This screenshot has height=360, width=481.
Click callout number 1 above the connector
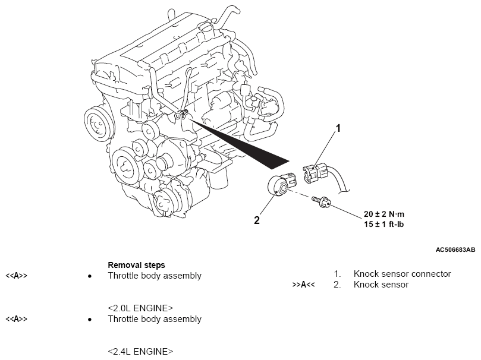point(338,128)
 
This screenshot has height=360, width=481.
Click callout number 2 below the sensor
point(257,220)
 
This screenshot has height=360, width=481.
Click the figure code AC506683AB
point(455,250)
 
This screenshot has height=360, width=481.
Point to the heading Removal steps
point(136,265)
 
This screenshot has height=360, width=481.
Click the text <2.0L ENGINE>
point(140,308)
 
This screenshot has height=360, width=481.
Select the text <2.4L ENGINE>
point(140,351)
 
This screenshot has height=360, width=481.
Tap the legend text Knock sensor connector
point(402,274)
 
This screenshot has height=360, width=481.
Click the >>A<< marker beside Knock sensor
point(303,285)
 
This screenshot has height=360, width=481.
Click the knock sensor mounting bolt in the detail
point(322,204)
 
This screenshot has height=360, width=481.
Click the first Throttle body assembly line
point(155,276)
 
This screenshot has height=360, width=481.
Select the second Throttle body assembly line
point(155,319)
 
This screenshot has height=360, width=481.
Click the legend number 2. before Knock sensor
point(337,285)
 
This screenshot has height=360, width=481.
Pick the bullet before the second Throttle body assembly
point(89,320)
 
